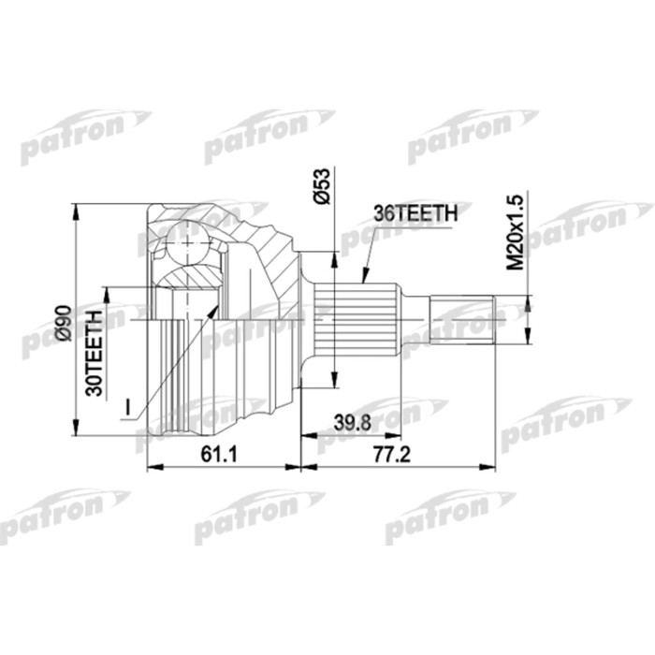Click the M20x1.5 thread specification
pos(514,229)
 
